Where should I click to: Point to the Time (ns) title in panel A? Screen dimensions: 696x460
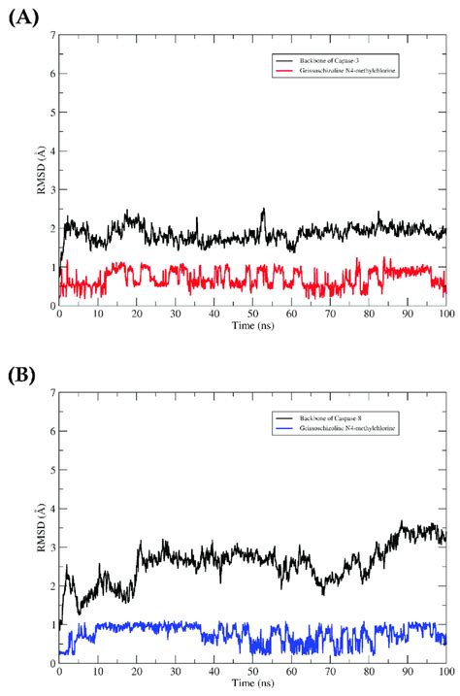click(x=252, y=326)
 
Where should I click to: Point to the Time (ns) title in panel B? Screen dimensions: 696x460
click(x=252, y=683)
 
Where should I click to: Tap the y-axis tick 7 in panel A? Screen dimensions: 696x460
click(x=51, y=36)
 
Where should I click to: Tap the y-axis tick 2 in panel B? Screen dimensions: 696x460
click(x=51, y=586)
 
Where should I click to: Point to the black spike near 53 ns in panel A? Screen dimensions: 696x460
click(x=263, y=209)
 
